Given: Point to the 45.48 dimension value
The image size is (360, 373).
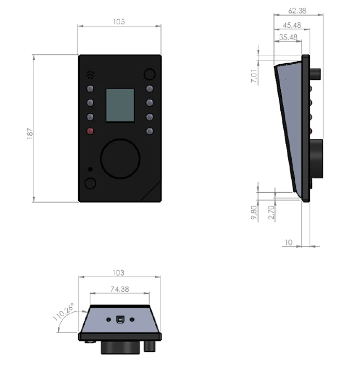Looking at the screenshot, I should [293, 24].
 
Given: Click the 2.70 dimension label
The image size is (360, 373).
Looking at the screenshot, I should [270, 212].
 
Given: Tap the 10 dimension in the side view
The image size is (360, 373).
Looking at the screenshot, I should [289, 242].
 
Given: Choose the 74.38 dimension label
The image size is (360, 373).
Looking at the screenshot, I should [121, 289].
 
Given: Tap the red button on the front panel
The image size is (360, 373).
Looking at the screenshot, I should [90, 131].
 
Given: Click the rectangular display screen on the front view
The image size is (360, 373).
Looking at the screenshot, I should [120, 105].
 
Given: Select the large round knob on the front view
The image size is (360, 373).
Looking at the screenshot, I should [120, 159].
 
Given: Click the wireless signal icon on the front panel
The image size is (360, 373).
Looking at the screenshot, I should [91, 74].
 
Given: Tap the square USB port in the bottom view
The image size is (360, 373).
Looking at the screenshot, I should [120, 319].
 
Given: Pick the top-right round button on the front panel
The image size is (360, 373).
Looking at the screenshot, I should [150, 74].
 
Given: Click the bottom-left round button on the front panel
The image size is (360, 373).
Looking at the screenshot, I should [91, 183].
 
